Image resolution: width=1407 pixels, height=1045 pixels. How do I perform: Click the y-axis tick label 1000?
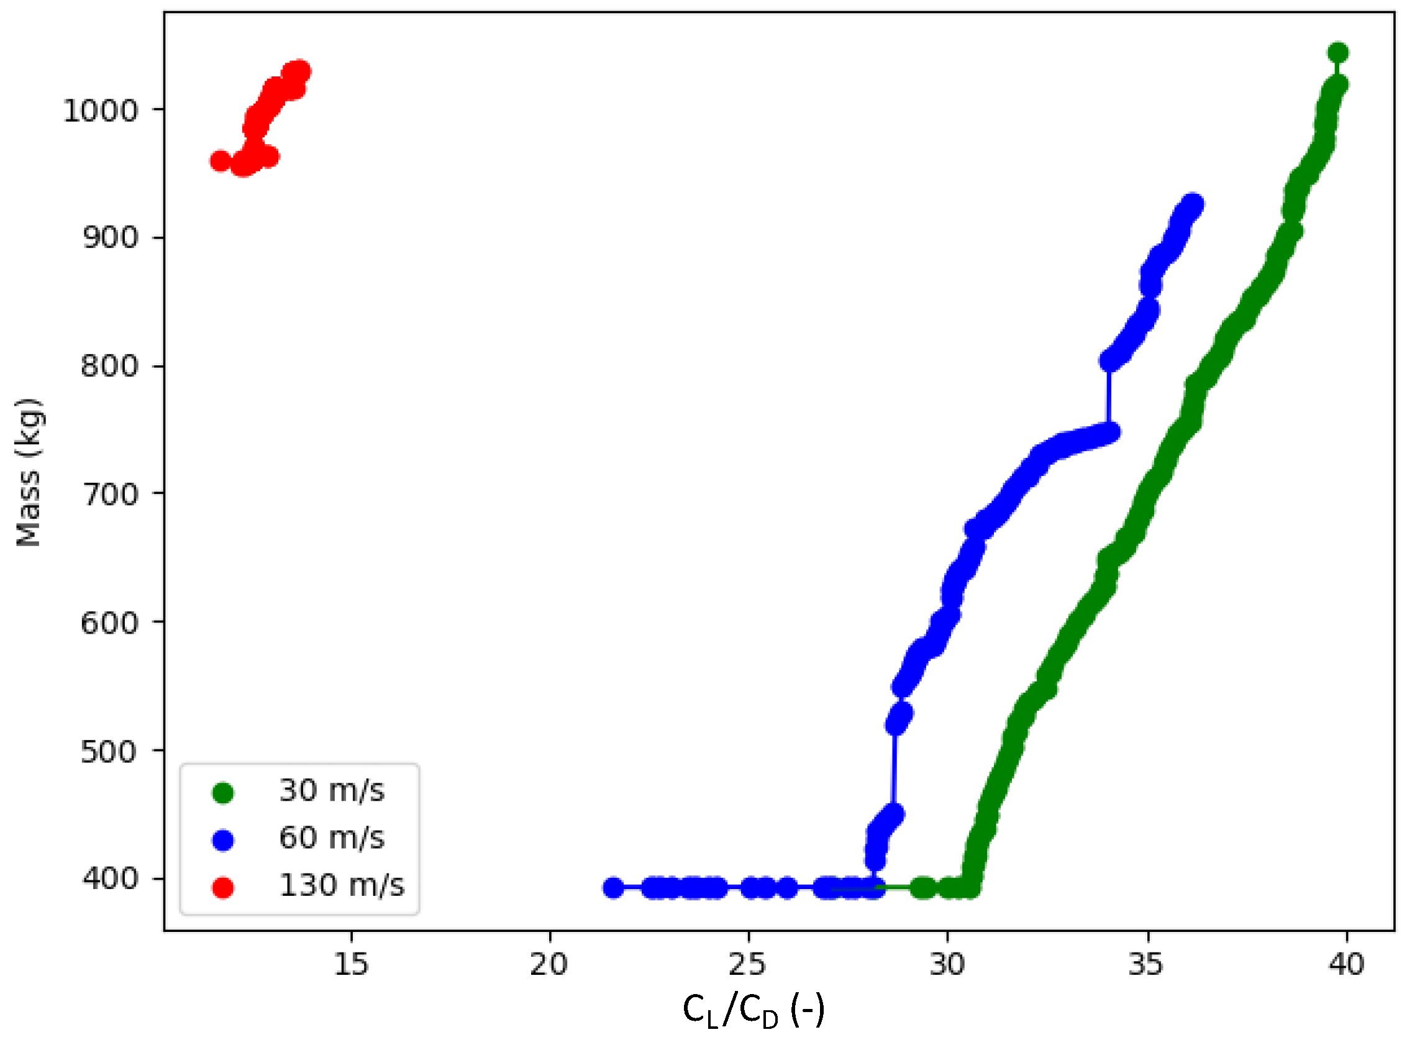point(100,111)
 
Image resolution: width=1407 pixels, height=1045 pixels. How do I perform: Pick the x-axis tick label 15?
point(350,964)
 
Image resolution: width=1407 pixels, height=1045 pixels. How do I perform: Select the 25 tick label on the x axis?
point(748,964)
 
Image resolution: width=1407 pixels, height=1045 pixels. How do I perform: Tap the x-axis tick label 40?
point(1346,964)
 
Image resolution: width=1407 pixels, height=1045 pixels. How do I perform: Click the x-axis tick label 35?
point(1147,964)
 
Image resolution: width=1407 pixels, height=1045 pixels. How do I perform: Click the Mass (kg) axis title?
point(29,472)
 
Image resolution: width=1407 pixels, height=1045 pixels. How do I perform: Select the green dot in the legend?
point(223,793)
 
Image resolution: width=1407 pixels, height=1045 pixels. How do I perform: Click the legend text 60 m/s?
point(331,839)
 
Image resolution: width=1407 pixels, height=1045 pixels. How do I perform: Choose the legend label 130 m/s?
point(342,885)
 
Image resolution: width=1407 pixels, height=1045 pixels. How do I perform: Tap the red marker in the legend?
point(223,887)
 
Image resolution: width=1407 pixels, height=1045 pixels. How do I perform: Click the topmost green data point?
point(1337,53)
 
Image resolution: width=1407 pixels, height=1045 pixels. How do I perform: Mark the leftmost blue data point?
point(612,888)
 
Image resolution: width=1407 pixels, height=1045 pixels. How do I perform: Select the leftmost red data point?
point(220,162)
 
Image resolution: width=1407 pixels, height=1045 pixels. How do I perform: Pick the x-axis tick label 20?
point(549,964)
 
